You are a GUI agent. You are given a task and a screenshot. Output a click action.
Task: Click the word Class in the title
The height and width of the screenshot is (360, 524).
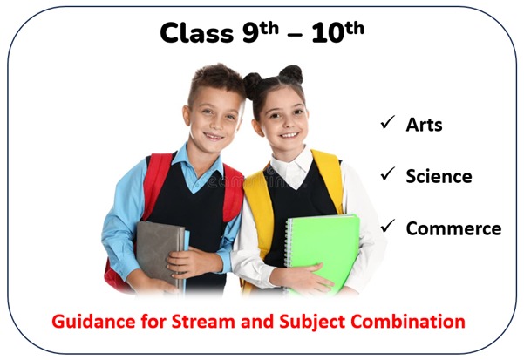(x=196, y=33)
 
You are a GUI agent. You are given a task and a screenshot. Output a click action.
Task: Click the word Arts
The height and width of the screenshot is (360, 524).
(x=424, y=125)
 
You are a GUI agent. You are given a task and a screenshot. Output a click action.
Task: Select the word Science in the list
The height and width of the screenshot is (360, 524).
(x=439, y=176)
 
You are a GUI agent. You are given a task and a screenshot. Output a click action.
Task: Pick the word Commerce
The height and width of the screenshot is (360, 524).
(x=453, y=228)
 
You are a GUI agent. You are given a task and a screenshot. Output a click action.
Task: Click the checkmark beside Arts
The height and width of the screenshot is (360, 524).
(x=387, y=122)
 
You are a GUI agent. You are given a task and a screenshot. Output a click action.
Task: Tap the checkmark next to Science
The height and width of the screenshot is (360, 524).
(x=387, y=174)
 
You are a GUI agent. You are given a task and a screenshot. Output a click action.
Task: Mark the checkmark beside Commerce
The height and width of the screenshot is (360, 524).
(x=387, y=226)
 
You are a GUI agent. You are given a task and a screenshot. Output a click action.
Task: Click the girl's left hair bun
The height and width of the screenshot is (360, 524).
(x=253, y=85)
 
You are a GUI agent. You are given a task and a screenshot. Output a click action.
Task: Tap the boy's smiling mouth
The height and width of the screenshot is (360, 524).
(x=213, y=137)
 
